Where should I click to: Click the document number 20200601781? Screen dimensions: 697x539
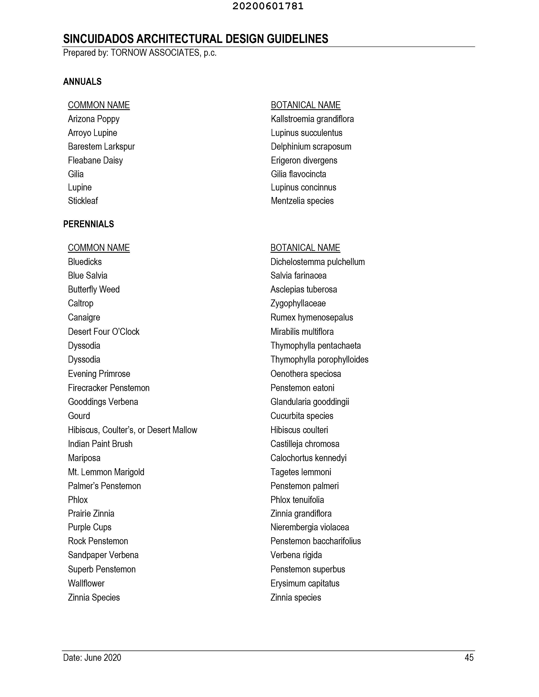click(x=268, y=6)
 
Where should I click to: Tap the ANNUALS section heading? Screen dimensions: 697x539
click(x=82, y=82)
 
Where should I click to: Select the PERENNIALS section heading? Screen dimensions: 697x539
click(x=88, y=224)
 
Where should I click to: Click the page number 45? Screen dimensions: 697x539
click(x=469, y=657)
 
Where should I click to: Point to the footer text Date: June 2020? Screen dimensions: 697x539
click(x=92, y=657)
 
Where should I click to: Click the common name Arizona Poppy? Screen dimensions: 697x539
click(x=93, y=119)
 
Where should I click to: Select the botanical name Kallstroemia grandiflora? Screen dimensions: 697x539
click(x=312, y=119)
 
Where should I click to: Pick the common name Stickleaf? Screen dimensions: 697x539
click(x=83, y=201)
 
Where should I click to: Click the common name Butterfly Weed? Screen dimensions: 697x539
click(x=93, y=289)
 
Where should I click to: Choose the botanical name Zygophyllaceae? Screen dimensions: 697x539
click(x=298, y=303)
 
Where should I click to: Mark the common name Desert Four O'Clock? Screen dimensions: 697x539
click(x=103, y=332)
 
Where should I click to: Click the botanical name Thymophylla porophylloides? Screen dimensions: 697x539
click(x=319, y=360)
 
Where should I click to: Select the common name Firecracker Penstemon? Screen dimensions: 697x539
click(x=109, y=388)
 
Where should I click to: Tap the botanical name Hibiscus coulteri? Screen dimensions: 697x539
click(x=299, y=430)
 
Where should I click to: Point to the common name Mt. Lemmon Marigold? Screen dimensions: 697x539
click(x=106, y=472)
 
